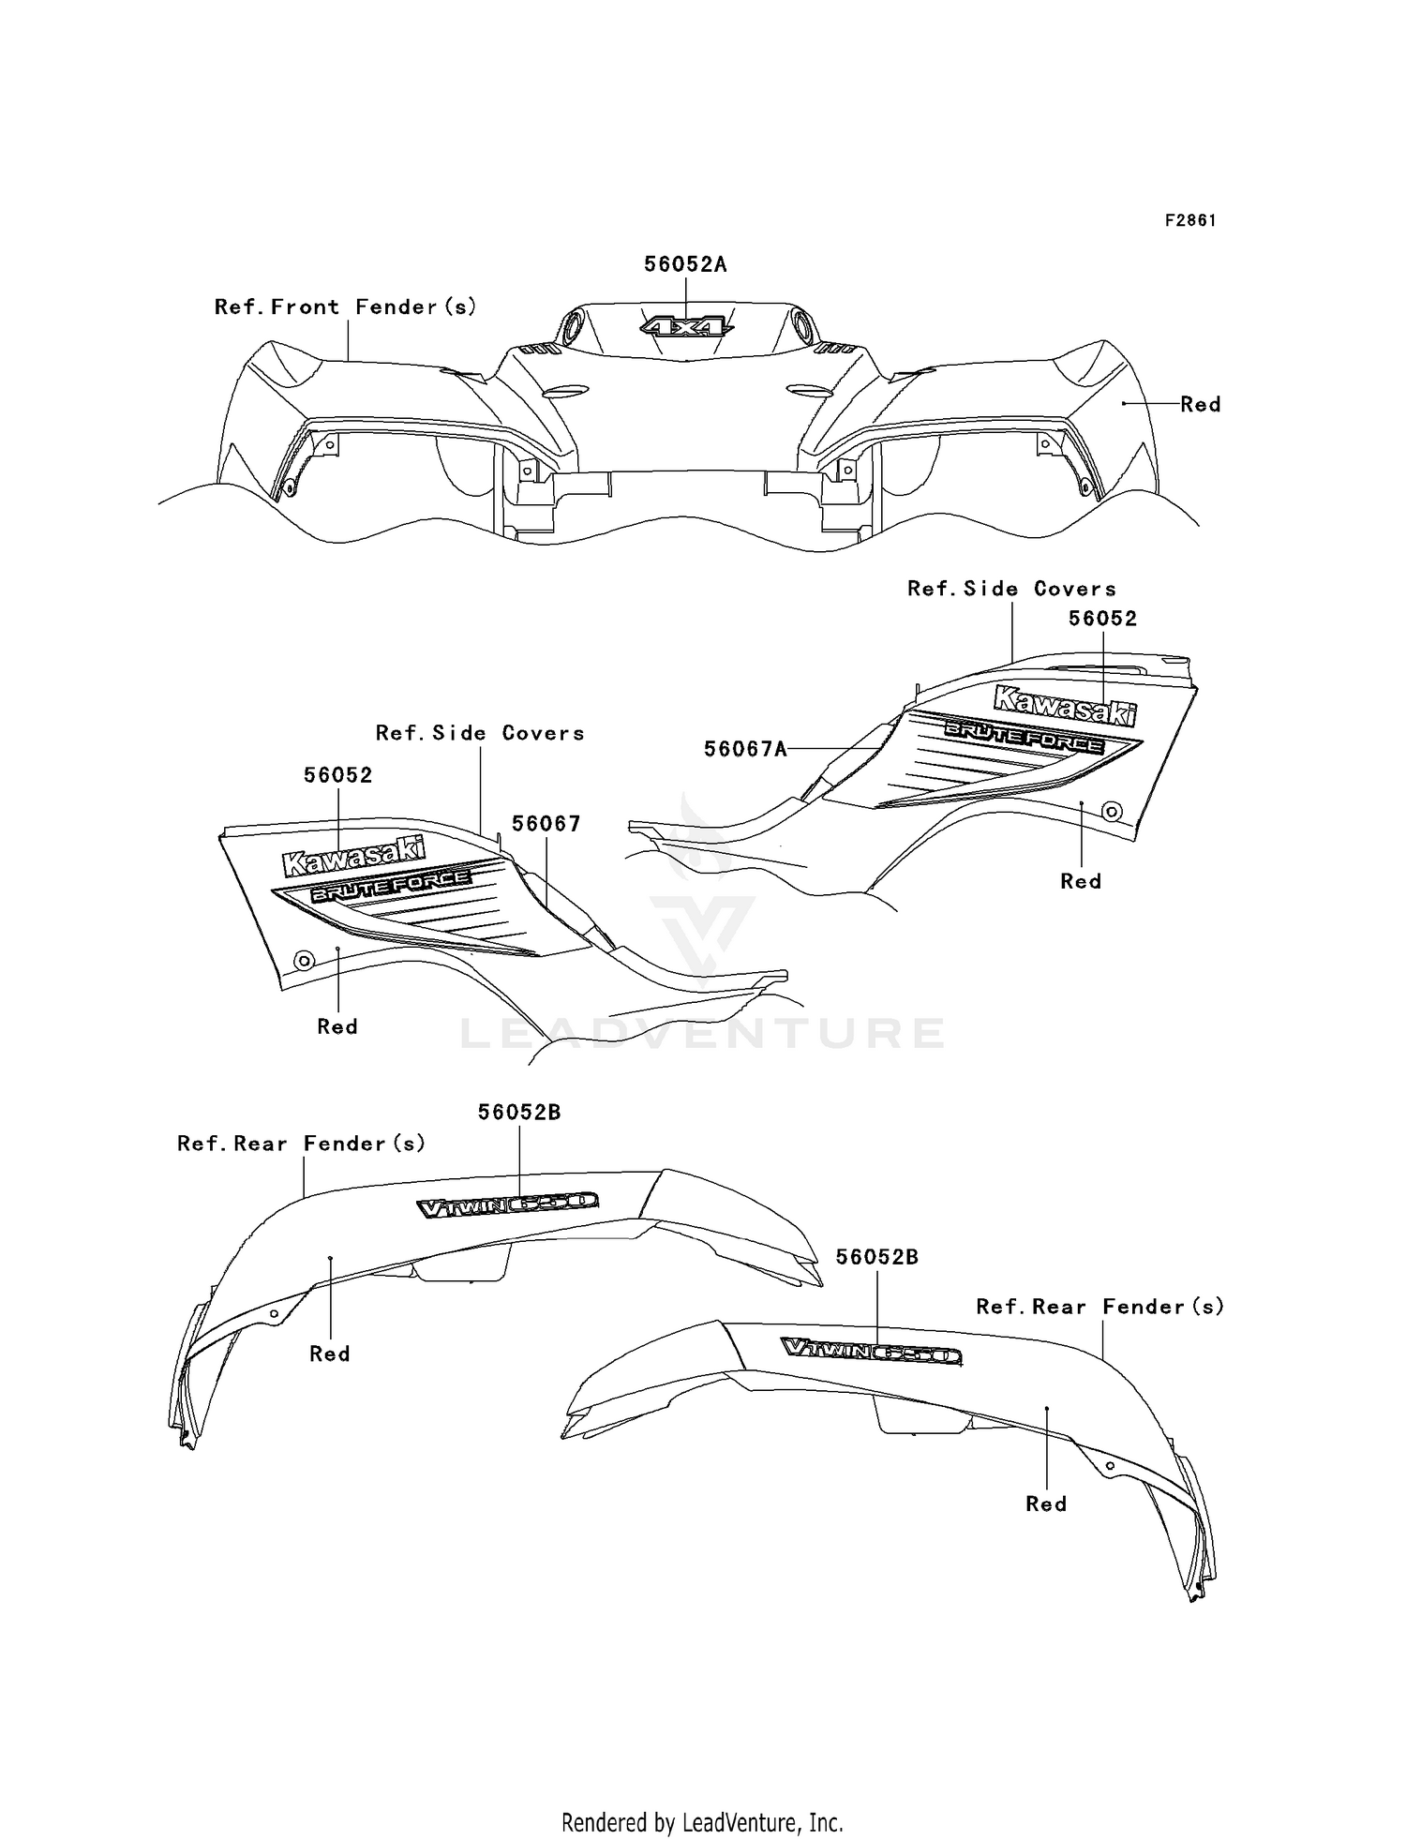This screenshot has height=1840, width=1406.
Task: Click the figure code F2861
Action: tap(1190, 220)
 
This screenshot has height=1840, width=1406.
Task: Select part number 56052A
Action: tap(685, 264)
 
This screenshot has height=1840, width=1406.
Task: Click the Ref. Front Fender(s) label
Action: tap(346, 307)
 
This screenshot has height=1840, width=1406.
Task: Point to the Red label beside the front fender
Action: tap(1200, 404)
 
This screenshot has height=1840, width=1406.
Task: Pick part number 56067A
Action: tap(745, 748)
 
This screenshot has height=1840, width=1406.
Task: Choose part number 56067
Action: tap(546, 823)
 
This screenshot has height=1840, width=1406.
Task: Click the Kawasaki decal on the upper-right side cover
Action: tap(1064, 705)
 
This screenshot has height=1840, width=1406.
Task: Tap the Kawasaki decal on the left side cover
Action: tap(352, 855)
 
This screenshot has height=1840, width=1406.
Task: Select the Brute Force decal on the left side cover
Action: tap(391, 886)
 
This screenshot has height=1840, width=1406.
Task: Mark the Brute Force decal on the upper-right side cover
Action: tap(1024, 737)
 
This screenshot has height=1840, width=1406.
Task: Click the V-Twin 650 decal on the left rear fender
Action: tap(507, 1204)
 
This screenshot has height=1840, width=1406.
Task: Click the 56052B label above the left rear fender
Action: tap(519, 1112)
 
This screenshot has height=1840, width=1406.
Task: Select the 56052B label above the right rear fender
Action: tap(877, 1257)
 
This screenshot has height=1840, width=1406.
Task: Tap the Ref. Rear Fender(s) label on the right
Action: tap(1100, 1307)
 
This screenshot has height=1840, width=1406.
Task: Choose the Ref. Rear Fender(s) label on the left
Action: tap(302, 1144)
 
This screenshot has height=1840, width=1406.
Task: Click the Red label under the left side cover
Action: tap(337, 1026)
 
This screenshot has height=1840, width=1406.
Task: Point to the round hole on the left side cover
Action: tap(303, 960)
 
